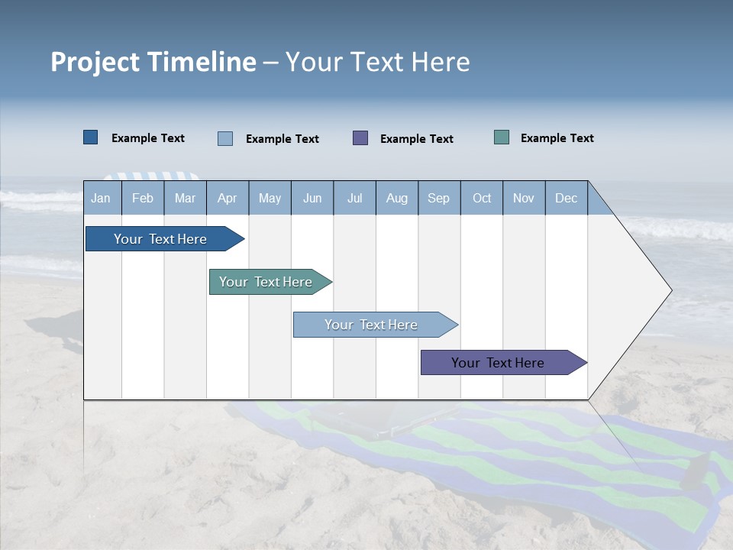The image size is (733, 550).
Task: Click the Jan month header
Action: click(101, 198)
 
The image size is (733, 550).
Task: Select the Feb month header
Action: click(143, 198)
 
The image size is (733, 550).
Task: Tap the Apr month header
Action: click(228, 198)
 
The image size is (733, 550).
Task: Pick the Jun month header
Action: click(312, 198)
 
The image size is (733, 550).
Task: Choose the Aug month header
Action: click(397, 198)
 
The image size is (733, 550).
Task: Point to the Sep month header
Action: click(439, 198)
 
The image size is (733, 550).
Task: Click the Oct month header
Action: click(482, 198)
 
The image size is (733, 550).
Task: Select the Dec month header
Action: click(567, 198)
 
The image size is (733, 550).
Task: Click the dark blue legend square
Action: click(91, 137)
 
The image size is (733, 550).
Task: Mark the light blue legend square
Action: click(225, 138)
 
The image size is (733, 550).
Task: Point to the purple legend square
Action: click(360, 138)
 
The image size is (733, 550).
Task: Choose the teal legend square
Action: click(502, 137)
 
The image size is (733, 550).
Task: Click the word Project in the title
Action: click(95, 62)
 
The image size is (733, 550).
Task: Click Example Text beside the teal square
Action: click(557, 138)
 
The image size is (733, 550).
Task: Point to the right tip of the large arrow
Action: click(670, 290)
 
